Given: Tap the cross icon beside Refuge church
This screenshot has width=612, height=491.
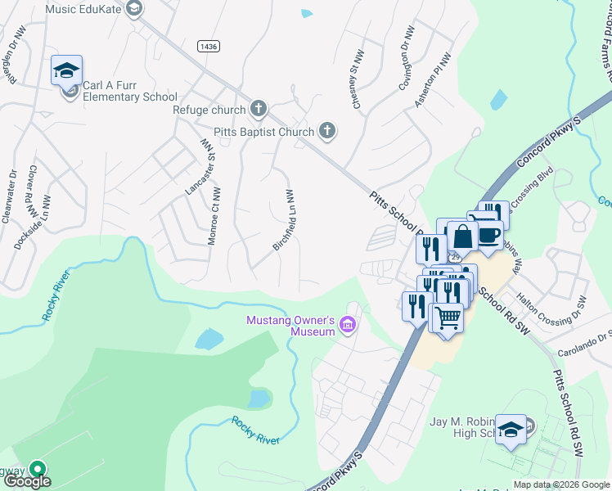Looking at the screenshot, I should point(259,110).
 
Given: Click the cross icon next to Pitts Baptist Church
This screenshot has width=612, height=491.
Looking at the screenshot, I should point(327,131).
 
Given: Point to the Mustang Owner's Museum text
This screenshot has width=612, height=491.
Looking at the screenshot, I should point(291,326).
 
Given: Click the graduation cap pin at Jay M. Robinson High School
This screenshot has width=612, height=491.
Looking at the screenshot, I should point(511,430).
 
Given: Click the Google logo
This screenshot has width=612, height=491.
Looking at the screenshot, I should point(29,481).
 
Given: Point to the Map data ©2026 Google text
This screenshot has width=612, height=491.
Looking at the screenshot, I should point(561,484).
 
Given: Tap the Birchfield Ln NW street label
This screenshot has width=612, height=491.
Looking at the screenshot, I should point(282,219).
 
